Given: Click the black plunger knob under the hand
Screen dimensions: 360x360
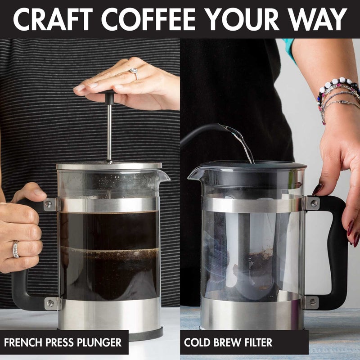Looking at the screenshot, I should (109, 96).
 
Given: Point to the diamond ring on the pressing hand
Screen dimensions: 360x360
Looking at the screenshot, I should (134, 71).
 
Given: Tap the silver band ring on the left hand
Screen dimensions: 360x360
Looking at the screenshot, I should (16, 249).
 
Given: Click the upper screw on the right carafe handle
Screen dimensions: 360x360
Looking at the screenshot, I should (313, 203).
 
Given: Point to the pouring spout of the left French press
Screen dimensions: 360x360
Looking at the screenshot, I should (165, 175).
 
